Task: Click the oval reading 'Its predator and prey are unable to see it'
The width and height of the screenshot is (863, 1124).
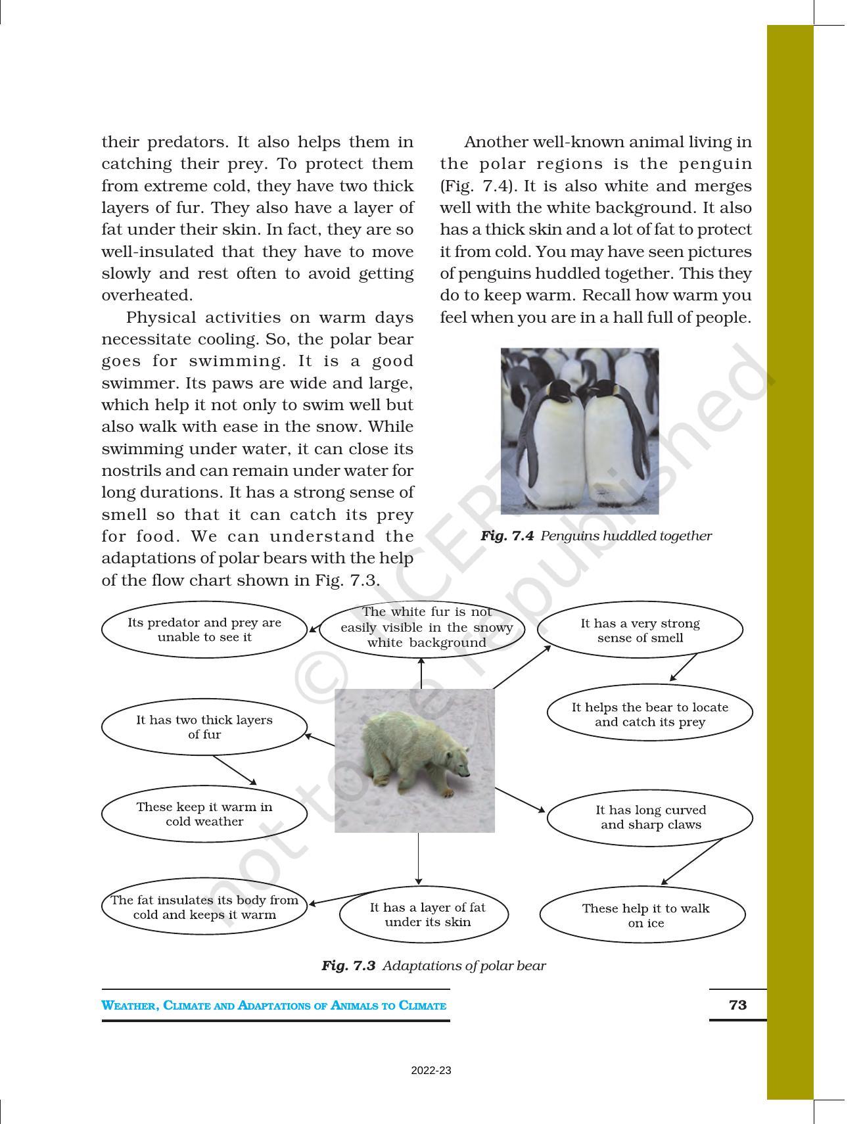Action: click(x=204, y=630)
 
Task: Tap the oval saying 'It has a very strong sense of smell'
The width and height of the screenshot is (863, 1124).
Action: click(x=640, y=630)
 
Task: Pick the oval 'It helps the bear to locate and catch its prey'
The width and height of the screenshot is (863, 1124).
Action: click(x=649, y=714)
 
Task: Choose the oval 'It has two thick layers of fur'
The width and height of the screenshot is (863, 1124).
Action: click(x=204, y=727)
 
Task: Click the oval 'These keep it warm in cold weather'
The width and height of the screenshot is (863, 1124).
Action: click(x=204, y=814)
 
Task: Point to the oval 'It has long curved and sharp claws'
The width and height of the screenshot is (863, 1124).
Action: click(x=649, y=817)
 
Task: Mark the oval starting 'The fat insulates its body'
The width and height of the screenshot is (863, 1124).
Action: click(x=204, y=907)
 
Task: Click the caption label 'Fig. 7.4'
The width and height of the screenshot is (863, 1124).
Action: click(x=506, y=536)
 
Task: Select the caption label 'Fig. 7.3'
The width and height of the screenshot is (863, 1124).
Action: click(x=348, y=966)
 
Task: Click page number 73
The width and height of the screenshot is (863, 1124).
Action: click(x=737, y=1005)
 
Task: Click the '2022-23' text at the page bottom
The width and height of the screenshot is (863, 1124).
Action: click(x=431, y=1071)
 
